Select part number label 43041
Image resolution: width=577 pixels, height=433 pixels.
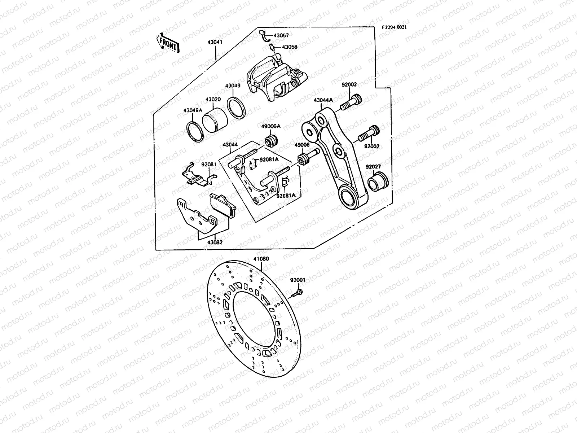(215, 42)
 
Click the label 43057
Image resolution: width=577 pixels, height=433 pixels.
(281, 36)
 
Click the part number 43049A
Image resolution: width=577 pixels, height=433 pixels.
(193, 110)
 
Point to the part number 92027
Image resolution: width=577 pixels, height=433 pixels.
(373, 167)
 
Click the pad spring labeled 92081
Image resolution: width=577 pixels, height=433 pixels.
(197, 176)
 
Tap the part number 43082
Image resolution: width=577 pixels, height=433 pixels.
(215, 242)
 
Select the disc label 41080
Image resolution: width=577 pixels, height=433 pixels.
(261, 259)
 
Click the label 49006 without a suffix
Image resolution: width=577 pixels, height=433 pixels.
(302, 145)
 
